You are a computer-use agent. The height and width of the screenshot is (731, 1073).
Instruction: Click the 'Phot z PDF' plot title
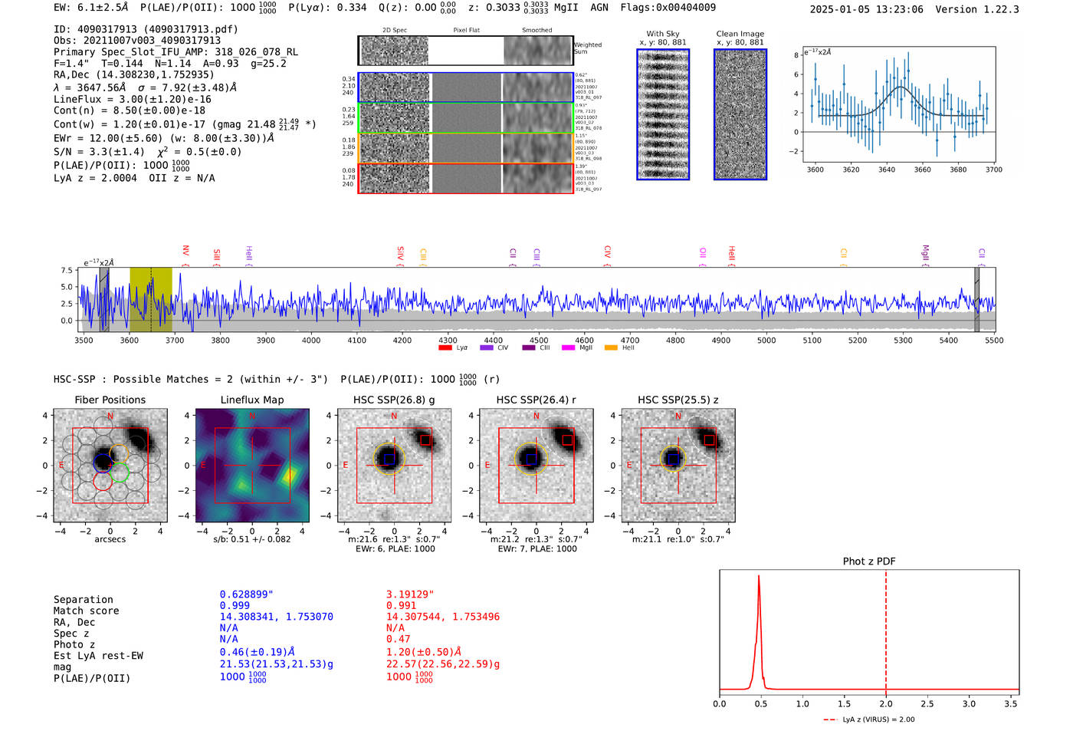869,561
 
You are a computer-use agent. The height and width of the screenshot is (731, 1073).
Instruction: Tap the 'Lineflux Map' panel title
252,400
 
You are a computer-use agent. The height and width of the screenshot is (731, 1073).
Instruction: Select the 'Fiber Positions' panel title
110,400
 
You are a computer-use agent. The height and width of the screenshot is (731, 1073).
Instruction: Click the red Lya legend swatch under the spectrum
445,348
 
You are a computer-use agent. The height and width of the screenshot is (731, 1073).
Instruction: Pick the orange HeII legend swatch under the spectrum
611,348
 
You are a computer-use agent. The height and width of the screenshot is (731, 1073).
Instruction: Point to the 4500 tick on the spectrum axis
539,341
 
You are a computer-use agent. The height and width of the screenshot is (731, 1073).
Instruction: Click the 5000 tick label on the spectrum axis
766,341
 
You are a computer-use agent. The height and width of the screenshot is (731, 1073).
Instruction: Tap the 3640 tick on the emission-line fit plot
887,170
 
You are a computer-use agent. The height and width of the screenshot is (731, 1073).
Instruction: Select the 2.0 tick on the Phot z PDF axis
886,703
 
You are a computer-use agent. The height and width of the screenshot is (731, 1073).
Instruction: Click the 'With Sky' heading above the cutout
663,34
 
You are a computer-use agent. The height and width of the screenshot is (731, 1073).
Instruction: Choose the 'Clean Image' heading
740,34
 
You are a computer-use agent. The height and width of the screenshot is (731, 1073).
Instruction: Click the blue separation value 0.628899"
246,594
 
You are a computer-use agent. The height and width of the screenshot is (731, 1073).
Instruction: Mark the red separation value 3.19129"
410,594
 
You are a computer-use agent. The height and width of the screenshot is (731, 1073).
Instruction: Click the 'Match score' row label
86,611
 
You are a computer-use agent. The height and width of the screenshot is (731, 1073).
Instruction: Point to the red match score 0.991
402,606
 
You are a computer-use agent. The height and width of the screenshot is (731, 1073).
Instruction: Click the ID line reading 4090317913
146,29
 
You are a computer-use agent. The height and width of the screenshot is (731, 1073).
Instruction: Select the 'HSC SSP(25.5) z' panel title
678,400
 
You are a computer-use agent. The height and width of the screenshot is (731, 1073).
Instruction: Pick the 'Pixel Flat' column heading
466,30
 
